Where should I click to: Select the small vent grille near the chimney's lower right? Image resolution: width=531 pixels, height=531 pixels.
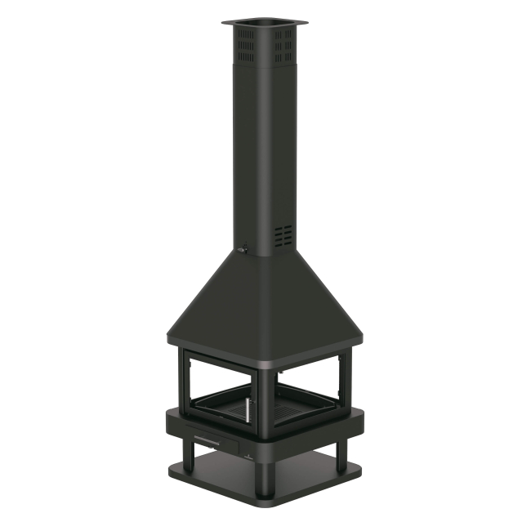[x=283, y=236]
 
